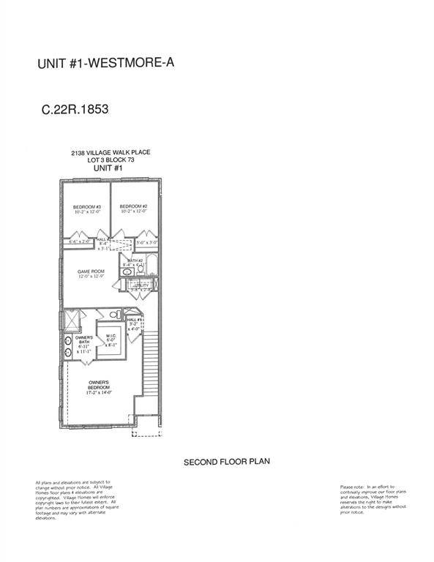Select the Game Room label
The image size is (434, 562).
[x=92, y=274]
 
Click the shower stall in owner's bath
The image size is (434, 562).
[x=72, y=319]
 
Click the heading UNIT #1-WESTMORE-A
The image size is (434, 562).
[x=105, y=64]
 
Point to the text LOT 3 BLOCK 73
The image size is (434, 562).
[x=111, y=160]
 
